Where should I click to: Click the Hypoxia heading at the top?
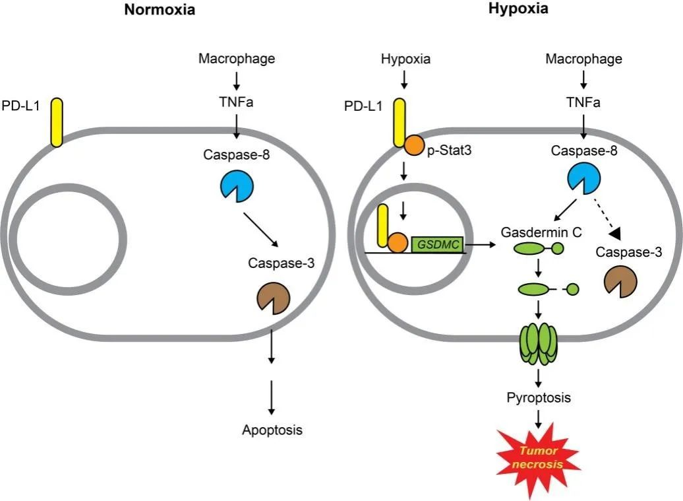coord(518,9)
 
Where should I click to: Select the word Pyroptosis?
coord(539,398)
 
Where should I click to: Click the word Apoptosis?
coord(272,430)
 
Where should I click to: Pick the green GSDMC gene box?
coord(436,244)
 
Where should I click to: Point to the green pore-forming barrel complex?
coord(539,343)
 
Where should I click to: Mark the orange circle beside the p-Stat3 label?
coord(413,145)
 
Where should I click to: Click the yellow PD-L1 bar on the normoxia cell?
coord(57,122)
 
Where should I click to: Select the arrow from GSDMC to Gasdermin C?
coord(481,245)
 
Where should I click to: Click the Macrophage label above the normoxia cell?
coord(237,59)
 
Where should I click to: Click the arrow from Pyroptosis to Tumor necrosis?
coord(539,418)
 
